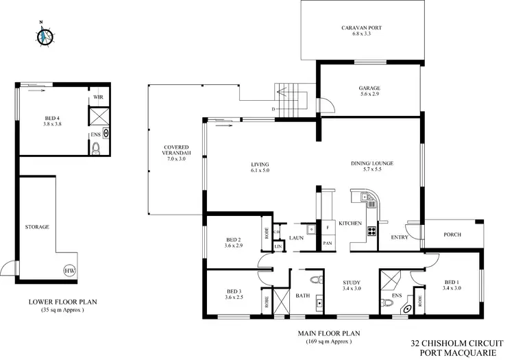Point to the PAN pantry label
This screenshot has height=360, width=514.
[328, 243]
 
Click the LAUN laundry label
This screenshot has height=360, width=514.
[296, 237]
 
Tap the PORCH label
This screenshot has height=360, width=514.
[452, 235]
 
